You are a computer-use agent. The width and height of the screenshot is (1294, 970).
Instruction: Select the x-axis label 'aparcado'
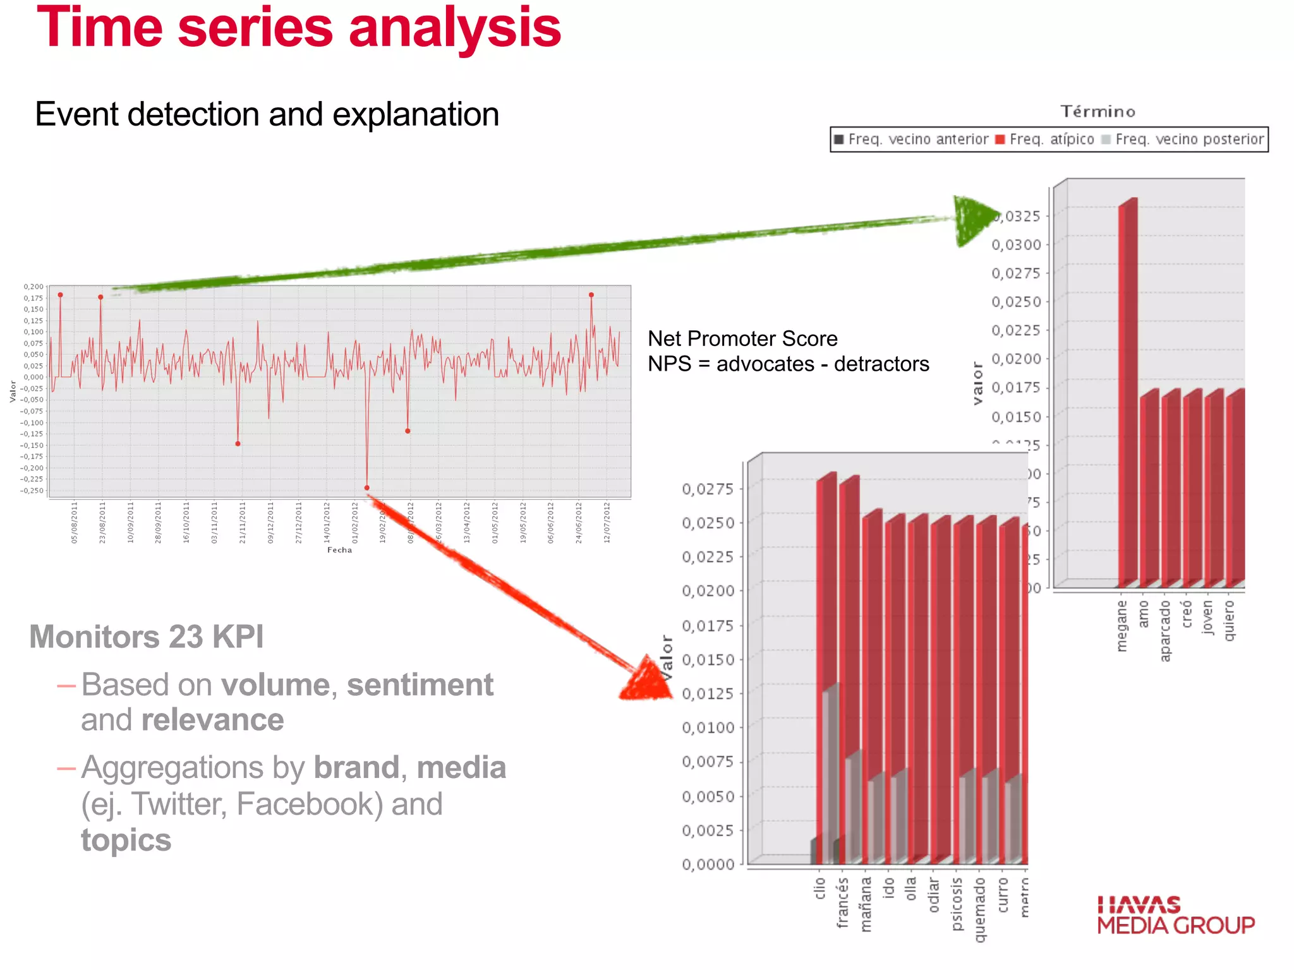click(1165, 630)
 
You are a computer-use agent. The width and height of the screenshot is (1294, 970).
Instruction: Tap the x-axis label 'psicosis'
click(957, 903)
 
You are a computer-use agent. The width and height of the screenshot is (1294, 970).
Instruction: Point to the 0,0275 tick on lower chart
click(708, 489)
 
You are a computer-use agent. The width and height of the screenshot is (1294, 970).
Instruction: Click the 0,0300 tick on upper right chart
click(1016, 245)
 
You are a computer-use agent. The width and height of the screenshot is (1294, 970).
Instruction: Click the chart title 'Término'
click(1097, 112)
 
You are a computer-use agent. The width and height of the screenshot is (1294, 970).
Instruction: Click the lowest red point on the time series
click(367, 488)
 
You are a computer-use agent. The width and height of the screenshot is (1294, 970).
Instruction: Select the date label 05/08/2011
click(74, 522)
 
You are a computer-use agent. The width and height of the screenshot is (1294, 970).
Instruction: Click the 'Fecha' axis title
click(339, 550)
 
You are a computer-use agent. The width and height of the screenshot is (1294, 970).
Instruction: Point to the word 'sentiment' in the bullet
click(420, 685)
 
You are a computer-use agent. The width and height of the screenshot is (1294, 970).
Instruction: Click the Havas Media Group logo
click(1175, 915)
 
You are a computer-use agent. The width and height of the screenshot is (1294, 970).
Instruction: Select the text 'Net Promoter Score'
click(742, 338)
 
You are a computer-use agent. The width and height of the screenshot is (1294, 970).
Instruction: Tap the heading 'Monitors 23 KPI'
click(147, 637)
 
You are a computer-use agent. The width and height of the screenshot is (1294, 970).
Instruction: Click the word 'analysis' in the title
click(454, 28)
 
